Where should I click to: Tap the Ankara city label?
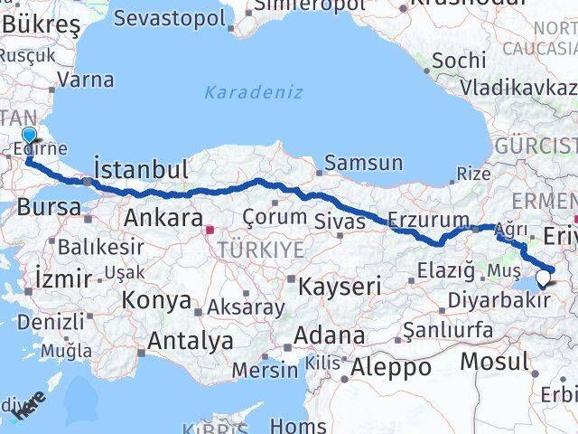click(163, 218)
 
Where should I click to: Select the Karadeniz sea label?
click(253, 92)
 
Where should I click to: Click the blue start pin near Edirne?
click(29, 137)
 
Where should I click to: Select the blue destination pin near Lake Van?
click(543, 279)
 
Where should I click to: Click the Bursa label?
click(50, 205)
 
